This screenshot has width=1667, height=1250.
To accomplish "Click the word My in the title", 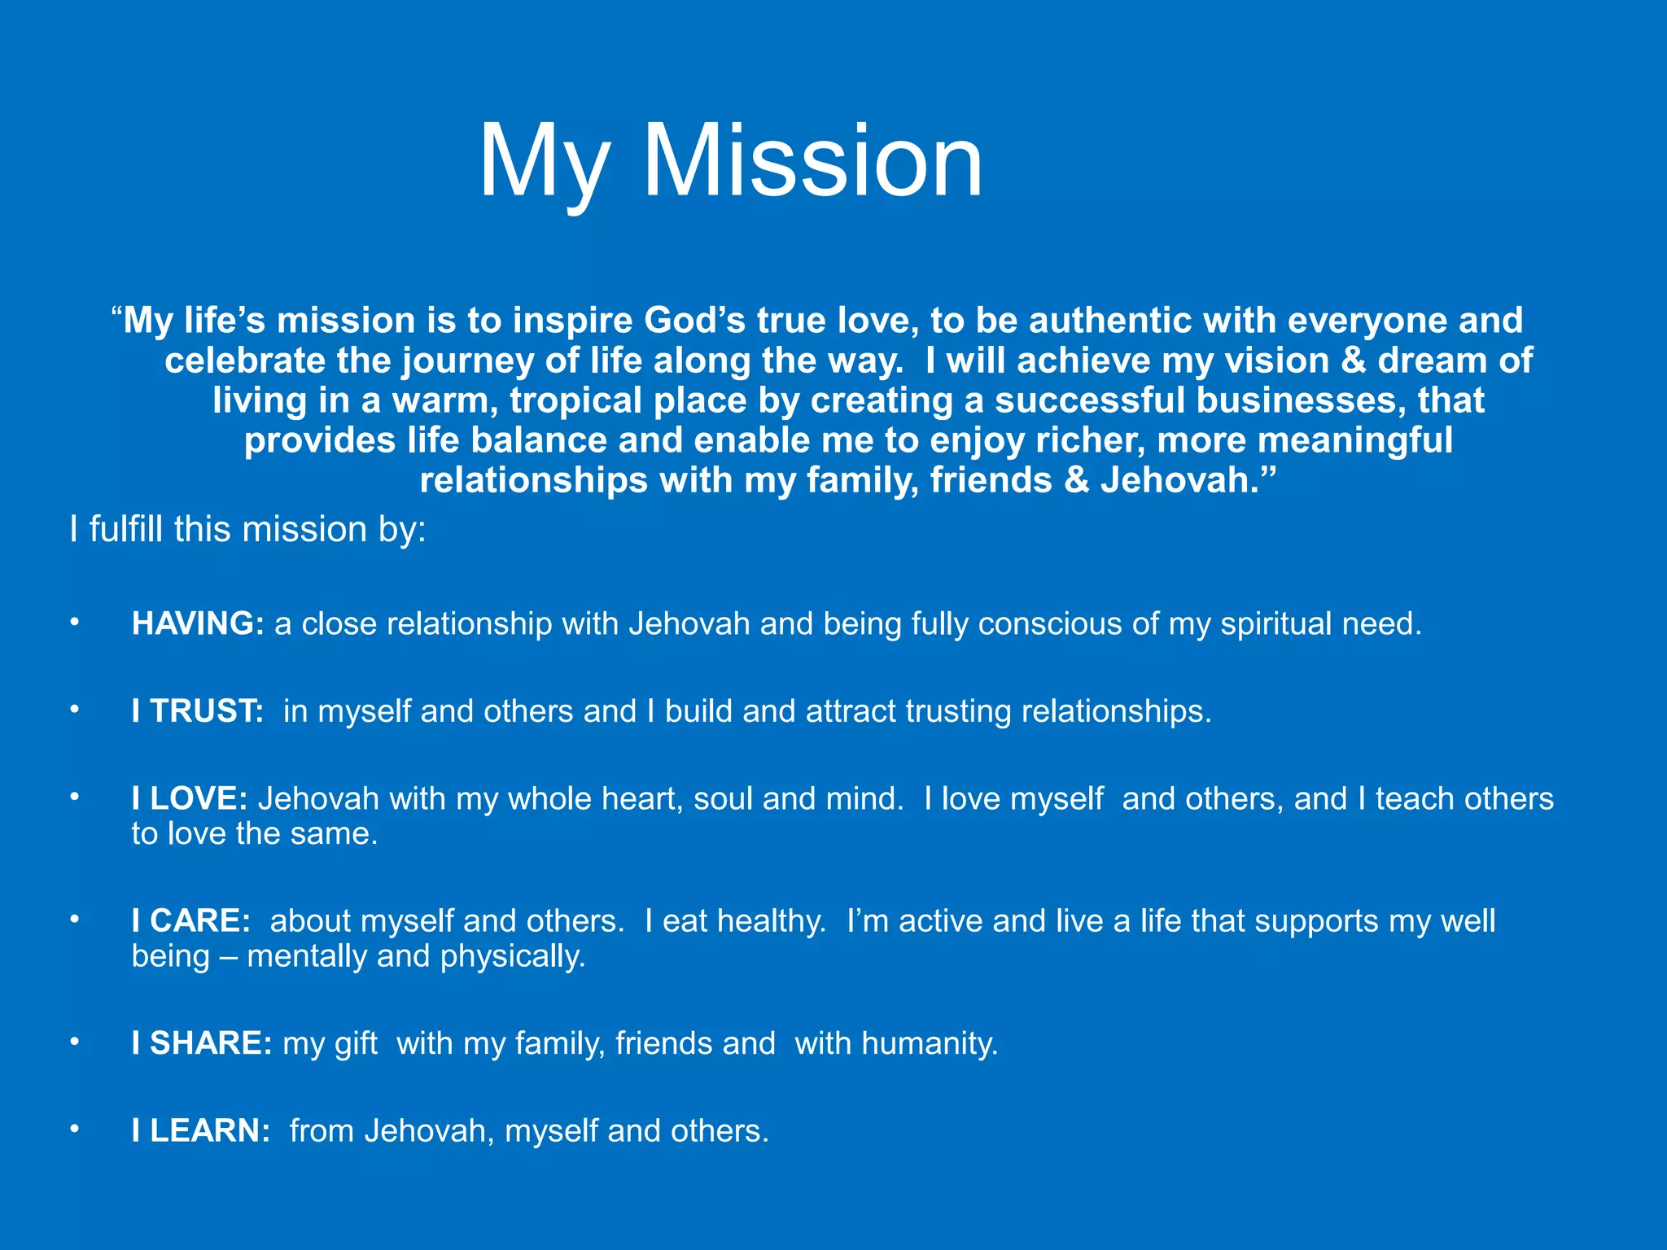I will tap(544, 163).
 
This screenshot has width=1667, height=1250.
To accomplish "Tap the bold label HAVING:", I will tap(198, 623).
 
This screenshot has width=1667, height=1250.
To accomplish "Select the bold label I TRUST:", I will tap(198, 711).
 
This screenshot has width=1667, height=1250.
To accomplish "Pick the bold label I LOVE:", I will tap(189, 798).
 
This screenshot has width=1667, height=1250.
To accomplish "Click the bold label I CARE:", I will tap(191, 920).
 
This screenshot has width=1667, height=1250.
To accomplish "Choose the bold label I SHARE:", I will tap(202, 1043).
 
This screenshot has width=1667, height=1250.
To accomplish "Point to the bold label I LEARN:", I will tap(201, 1130).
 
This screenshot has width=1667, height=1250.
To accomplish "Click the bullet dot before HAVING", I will tap(74, 623).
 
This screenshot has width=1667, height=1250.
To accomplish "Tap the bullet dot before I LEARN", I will tap(74, 1130).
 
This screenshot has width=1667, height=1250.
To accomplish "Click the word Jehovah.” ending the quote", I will tap(1188, 480).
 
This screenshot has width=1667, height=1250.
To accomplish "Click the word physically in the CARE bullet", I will tap(513, 956).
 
